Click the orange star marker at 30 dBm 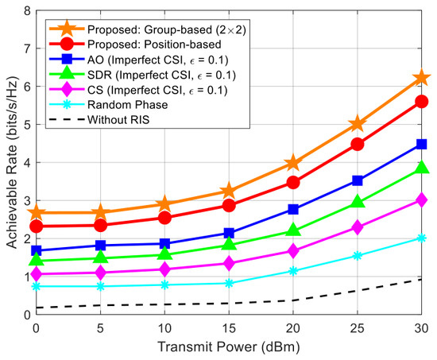[421, 79]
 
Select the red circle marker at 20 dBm [293, 183]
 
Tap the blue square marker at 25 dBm [358, 180]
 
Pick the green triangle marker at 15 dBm [229, 244]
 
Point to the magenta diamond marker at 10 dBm [164, 269]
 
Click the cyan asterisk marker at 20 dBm [293, 271]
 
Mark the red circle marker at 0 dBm [37, 226]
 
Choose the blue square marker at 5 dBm [100, 246]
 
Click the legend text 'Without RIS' [118, 120]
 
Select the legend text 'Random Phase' [128, 105]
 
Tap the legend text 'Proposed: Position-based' [154, 45]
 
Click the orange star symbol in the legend [67, 29]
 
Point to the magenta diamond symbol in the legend [67, 90]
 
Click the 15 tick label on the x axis [229, 328]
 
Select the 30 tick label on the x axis [421, 328]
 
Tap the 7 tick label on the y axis [28, 48]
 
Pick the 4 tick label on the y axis [28, 163]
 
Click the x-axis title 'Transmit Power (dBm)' [229, 347]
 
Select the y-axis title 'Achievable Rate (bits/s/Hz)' [12, 162]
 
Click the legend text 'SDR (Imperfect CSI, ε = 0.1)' [161, 75]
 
